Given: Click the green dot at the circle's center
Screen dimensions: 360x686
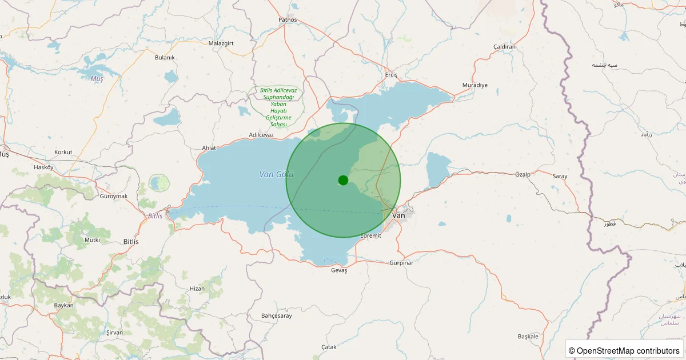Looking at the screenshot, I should (343, 180).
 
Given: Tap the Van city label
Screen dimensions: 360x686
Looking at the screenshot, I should (400, 215).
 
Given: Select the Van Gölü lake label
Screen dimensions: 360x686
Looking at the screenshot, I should (276, 174).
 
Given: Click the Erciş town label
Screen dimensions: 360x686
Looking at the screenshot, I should (391, 75).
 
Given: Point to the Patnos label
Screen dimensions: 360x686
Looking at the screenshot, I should (288, 19).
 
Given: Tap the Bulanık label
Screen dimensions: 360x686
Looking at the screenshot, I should (165, 57).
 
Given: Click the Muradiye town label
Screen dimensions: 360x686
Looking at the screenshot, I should (474, 85).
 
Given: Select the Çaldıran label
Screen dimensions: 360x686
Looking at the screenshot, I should (504, 46).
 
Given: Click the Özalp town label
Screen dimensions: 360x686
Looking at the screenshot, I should (523, 174).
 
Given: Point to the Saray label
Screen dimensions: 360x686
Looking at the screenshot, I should (560, 176).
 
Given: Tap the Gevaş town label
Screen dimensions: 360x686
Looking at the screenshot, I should (339, 270).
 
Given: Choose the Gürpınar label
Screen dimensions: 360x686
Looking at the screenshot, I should (401, 263).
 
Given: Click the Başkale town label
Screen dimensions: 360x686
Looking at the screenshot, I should (528, 336).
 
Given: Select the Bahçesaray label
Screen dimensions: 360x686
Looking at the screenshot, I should (276, 315).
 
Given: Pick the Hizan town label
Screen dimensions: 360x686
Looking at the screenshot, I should (197, 289).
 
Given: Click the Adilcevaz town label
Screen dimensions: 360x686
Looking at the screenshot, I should (261, 135).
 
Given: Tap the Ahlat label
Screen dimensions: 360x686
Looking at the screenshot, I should (209, 147).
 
